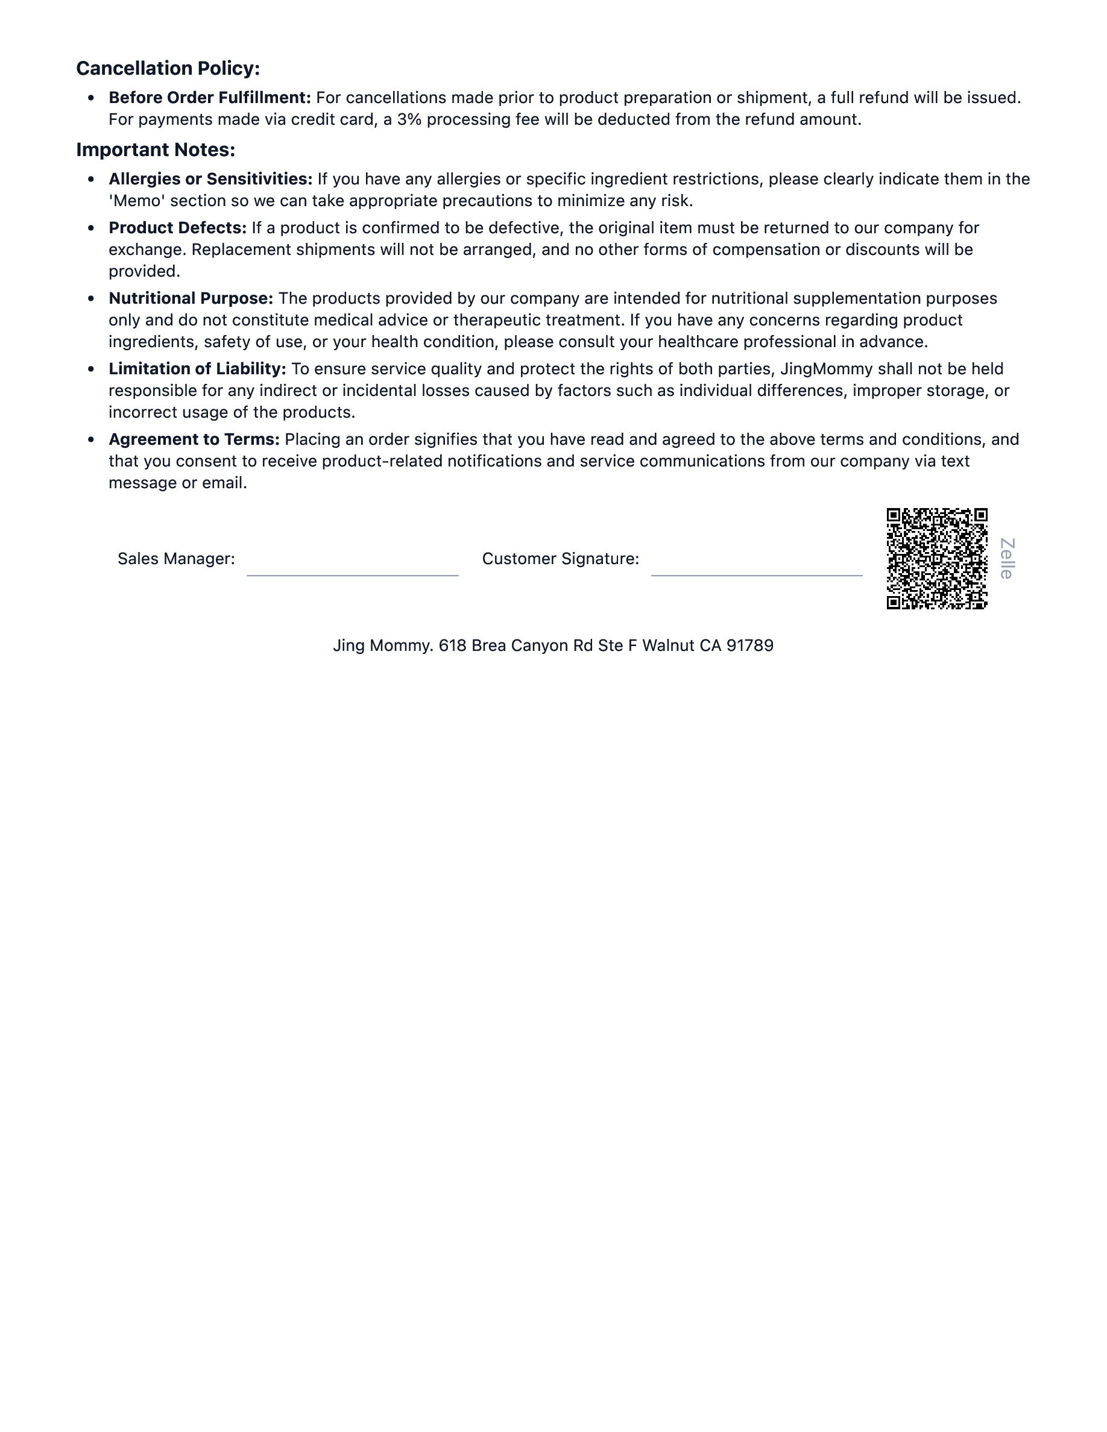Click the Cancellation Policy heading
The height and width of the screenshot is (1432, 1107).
[x=168, y=68]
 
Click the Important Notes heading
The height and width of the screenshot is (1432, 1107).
[x=156, y=149]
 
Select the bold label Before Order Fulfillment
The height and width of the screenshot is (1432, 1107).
[x=209, y=98]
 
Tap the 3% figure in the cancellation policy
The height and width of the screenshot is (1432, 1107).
[x=409, y=119]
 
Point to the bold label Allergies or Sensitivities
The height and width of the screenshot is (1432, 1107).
[x=210, y=179]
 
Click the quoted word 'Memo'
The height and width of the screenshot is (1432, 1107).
[x=137, y=201]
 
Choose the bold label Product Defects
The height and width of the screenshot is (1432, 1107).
[x=177, y=228]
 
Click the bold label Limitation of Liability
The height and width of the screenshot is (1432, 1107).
[x=197, y=368]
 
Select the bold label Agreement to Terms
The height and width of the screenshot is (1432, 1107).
[x=194, y=439]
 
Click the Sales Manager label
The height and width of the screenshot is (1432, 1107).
[x=175, y=559]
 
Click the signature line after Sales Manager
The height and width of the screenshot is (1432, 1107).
[x=352, y=574]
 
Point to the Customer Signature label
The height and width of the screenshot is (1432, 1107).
[x=560, y=559]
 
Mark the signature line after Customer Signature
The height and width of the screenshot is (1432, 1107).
[x=756, y=574]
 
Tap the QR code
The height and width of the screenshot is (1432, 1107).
[x=936, y=559]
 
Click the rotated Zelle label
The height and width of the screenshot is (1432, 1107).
[x=1007, y=559]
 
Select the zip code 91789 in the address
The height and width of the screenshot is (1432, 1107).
[x=749, y=646]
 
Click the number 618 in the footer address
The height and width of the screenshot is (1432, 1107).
[x=452, y=646]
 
